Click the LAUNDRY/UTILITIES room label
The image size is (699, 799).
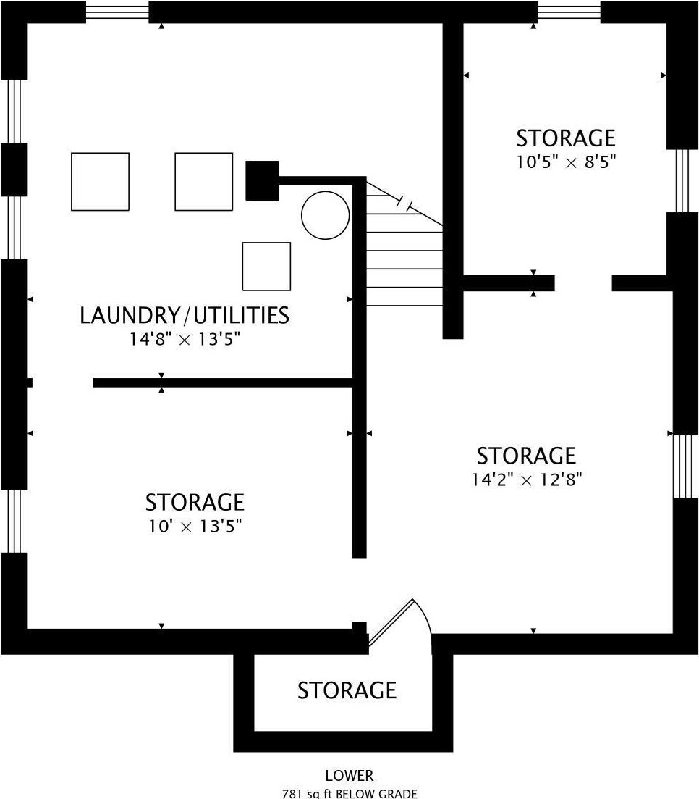click(185, 315)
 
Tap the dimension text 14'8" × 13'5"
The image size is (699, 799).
click(185, 339)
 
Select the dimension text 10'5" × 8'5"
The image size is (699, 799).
click(566, 162)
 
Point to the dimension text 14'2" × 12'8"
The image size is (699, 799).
click(526, 480)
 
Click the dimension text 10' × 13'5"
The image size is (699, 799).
click(195, 526)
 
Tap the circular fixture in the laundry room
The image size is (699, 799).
click(326, 215)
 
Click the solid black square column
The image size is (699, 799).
click(262, 180)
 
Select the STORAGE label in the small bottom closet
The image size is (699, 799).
click(347, 690)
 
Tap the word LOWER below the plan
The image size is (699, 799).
click(349, 776)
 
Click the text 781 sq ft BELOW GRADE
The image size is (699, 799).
click(349, 793)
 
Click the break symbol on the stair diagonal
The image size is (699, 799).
click(404, 203)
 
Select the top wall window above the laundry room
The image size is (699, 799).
click(117, 12)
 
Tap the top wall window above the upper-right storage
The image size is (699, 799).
click(569, 12)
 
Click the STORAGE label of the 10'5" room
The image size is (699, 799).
click(566, 138)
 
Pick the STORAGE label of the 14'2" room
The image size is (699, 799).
click(526, 456)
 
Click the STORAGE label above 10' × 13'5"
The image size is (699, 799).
click(195, 503)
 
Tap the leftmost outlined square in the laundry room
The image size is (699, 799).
click(100, 181)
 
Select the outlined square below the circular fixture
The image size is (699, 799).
click(266, 267)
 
